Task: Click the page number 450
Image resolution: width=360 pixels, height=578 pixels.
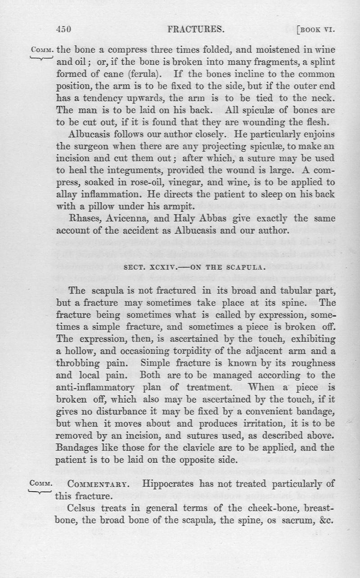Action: click(x=64, y=30)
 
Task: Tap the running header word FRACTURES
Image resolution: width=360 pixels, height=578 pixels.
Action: click(x=196, y=30)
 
